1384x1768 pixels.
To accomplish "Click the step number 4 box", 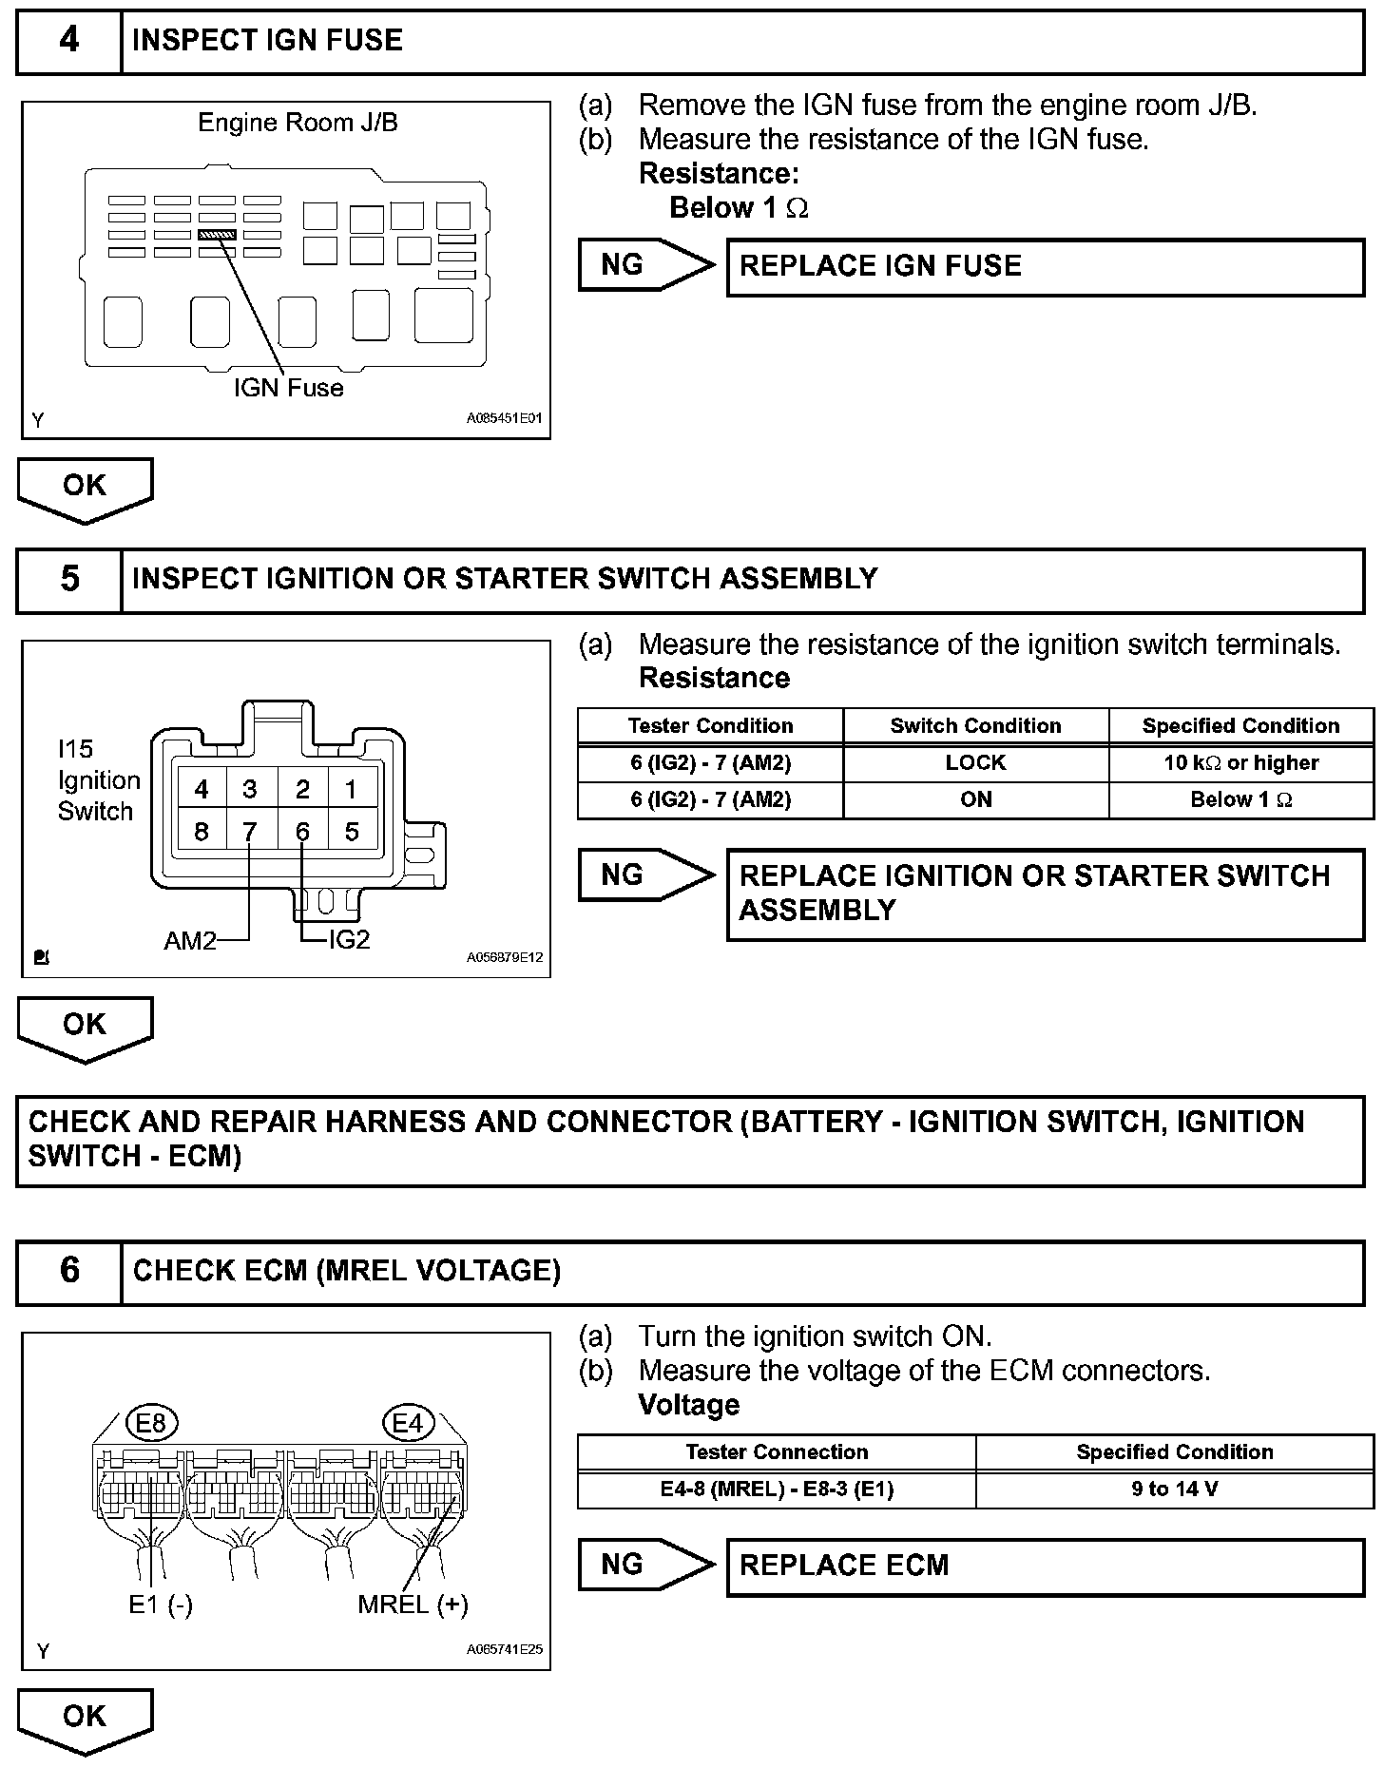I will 69,41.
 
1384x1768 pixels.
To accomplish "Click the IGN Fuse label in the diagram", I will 288,388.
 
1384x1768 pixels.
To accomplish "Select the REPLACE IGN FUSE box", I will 1045,267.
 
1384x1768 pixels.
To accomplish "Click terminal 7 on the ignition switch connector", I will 250,832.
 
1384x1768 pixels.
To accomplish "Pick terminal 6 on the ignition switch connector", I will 302,832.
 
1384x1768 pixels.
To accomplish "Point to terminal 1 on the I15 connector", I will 352,789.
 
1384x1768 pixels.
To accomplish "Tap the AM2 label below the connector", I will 190,940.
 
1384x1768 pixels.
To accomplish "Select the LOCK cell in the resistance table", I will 975,763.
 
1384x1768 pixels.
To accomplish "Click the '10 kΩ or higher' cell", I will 1240,763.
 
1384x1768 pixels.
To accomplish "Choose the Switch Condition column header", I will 975,726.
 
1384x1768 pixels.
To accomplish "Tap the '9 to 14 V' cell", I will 1174,1489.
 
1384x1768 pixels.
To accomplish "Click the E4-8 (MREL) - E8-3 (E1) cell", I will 777,1489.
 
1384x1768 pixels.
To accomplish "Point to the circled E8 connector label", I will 151,1423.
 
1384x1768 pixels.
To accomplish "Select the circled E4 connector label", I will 407,1423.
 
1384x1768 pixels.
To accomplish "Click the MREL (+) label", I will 413,1605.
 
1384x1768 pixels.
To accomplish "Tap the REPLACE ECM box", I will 1045,1566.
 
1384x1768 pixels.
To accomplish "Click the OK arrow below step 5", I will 85,1028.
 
